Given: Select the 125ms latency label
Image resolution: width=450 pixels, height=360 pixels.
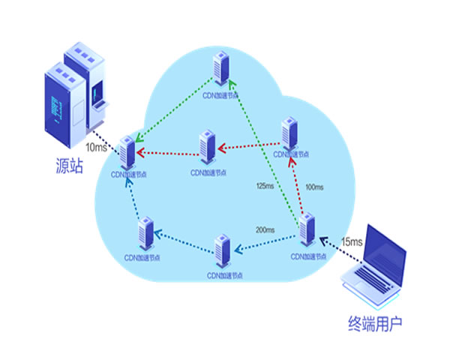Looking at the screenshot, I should (266, 185).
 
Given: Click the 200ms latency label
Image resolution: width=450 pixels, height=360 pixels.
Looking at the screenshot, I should (265, 229).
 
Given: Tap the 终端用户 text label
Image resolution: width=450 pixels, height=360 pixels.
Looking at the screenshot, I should (375, 324).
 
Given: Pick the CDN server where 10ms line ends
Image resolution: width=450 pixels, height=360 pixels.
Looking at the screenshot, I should (128, 152).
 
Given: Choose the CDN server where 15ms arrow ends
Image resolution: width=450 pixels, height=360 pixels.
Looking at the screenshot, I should (307, 232).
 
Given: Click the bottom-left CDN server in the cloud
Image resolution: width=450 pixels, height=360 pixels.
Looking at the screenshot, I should (145, 232).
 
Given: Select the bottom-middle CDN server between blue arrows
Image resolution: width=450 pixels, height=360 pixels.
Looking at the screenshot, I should (221, 253).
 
